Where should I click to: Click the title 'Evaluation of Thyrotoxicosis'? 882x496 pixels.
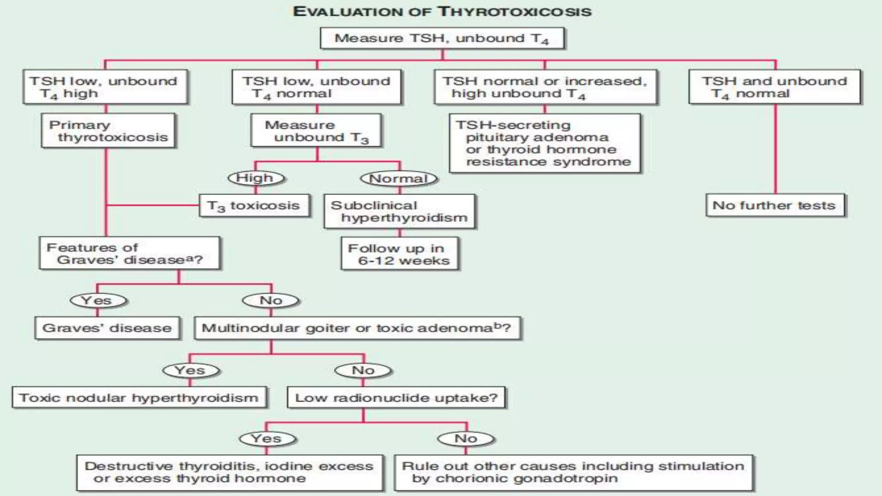pyautogui.click(x=442, y=12)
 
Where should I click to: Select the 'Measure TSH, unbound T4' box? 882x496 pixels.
pyautogui.click(x=442, y=39)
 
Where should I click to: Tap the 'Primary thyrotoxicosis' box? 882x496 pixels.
pyautogui.click(x=108, y=131)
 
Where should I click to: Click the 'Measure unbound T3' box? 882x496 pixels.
pyautogui.click(x=316, y=131)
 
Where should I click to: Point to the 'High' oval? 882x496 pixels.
pyautogui.click(x=255, y=178)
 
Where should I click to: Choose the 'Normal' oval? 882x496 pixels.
pyautogui.click(x=398, y=178)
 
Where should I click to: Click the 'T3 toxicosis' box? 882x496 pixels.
pyautogui.click(x=254, y=206)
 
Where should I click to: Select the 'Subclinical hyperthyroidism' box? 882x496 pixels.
pyautogui.click(x=399, y=211)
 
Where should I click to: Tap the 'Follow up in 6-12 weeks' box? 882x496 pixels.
pyautogui.click(x=399, y=254)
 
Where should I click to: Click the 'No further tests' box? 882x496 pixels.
pyautogui.click(x=774, y=205)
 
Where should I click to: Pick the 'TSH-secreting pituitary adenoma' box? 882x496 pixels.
pyautogui.click(x=544, y=143)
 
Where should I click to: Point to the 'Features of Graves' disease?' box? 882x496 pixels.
pyautogui.click(x=129, y=253)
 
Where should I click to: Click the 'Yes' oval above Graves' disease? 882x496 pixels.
pyautogui.click(x=98, y=300)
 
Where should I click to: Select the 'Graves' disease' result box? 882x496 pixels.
pyautogui.click(x=107, y=328)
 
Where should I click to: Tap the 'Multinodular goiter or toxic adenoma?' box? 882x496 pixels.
pyautogui.click(x=357, y=329)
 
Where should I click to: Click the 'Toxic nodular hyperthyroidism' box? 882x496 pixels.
pyautogui.click(x=139, y=397)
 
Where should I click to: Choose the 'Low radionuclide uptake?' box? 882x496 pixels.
pyautogui.click(x=396, y=397)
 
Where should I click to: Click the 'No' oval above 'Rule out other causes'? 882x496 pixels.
pyautogui.click(x=466, y=439)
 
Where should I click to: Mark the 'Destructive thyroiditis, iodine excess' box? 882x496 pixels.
pyautogui.click(x=230, y=472)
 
